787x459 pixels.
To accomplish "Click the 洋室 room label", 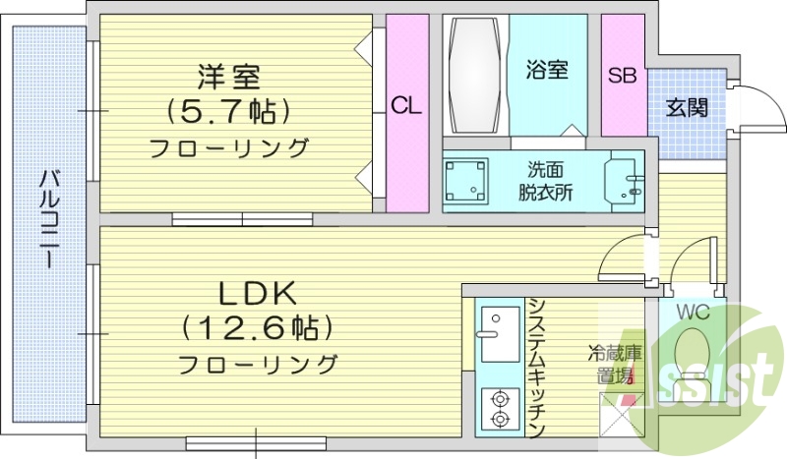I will (x=228, y=76).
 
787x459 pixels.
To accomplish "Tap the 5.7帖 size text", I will (x=228, y=111).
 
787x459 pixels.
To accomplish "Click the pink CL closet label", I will (x=406, y=107).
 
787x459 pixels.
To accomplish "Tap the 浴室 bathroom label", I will (x=547, y=71).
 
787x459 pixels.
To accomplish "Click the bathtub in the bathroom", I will (x=475, y=76).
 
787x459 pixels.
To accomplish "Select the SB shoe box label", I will (x=622, y=76).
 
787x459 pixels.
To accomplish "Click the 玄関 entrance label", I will (x=686, y=108).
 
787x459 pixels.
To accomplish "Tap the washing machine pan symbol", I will (x=466, y=182).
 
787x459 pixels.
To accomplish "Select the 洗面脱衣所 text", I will (x=547, y=181).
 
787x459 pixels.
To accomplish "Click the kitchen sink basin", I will (x=499, y=324).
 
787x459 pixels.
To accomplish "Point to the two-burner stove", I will (x=499, y=408).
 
